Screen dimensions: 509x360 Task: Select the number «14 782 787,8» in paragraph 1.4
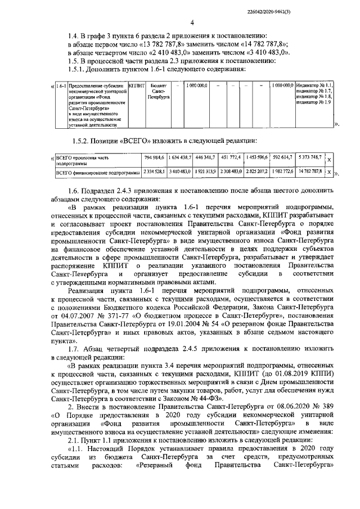click(262, 43)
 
